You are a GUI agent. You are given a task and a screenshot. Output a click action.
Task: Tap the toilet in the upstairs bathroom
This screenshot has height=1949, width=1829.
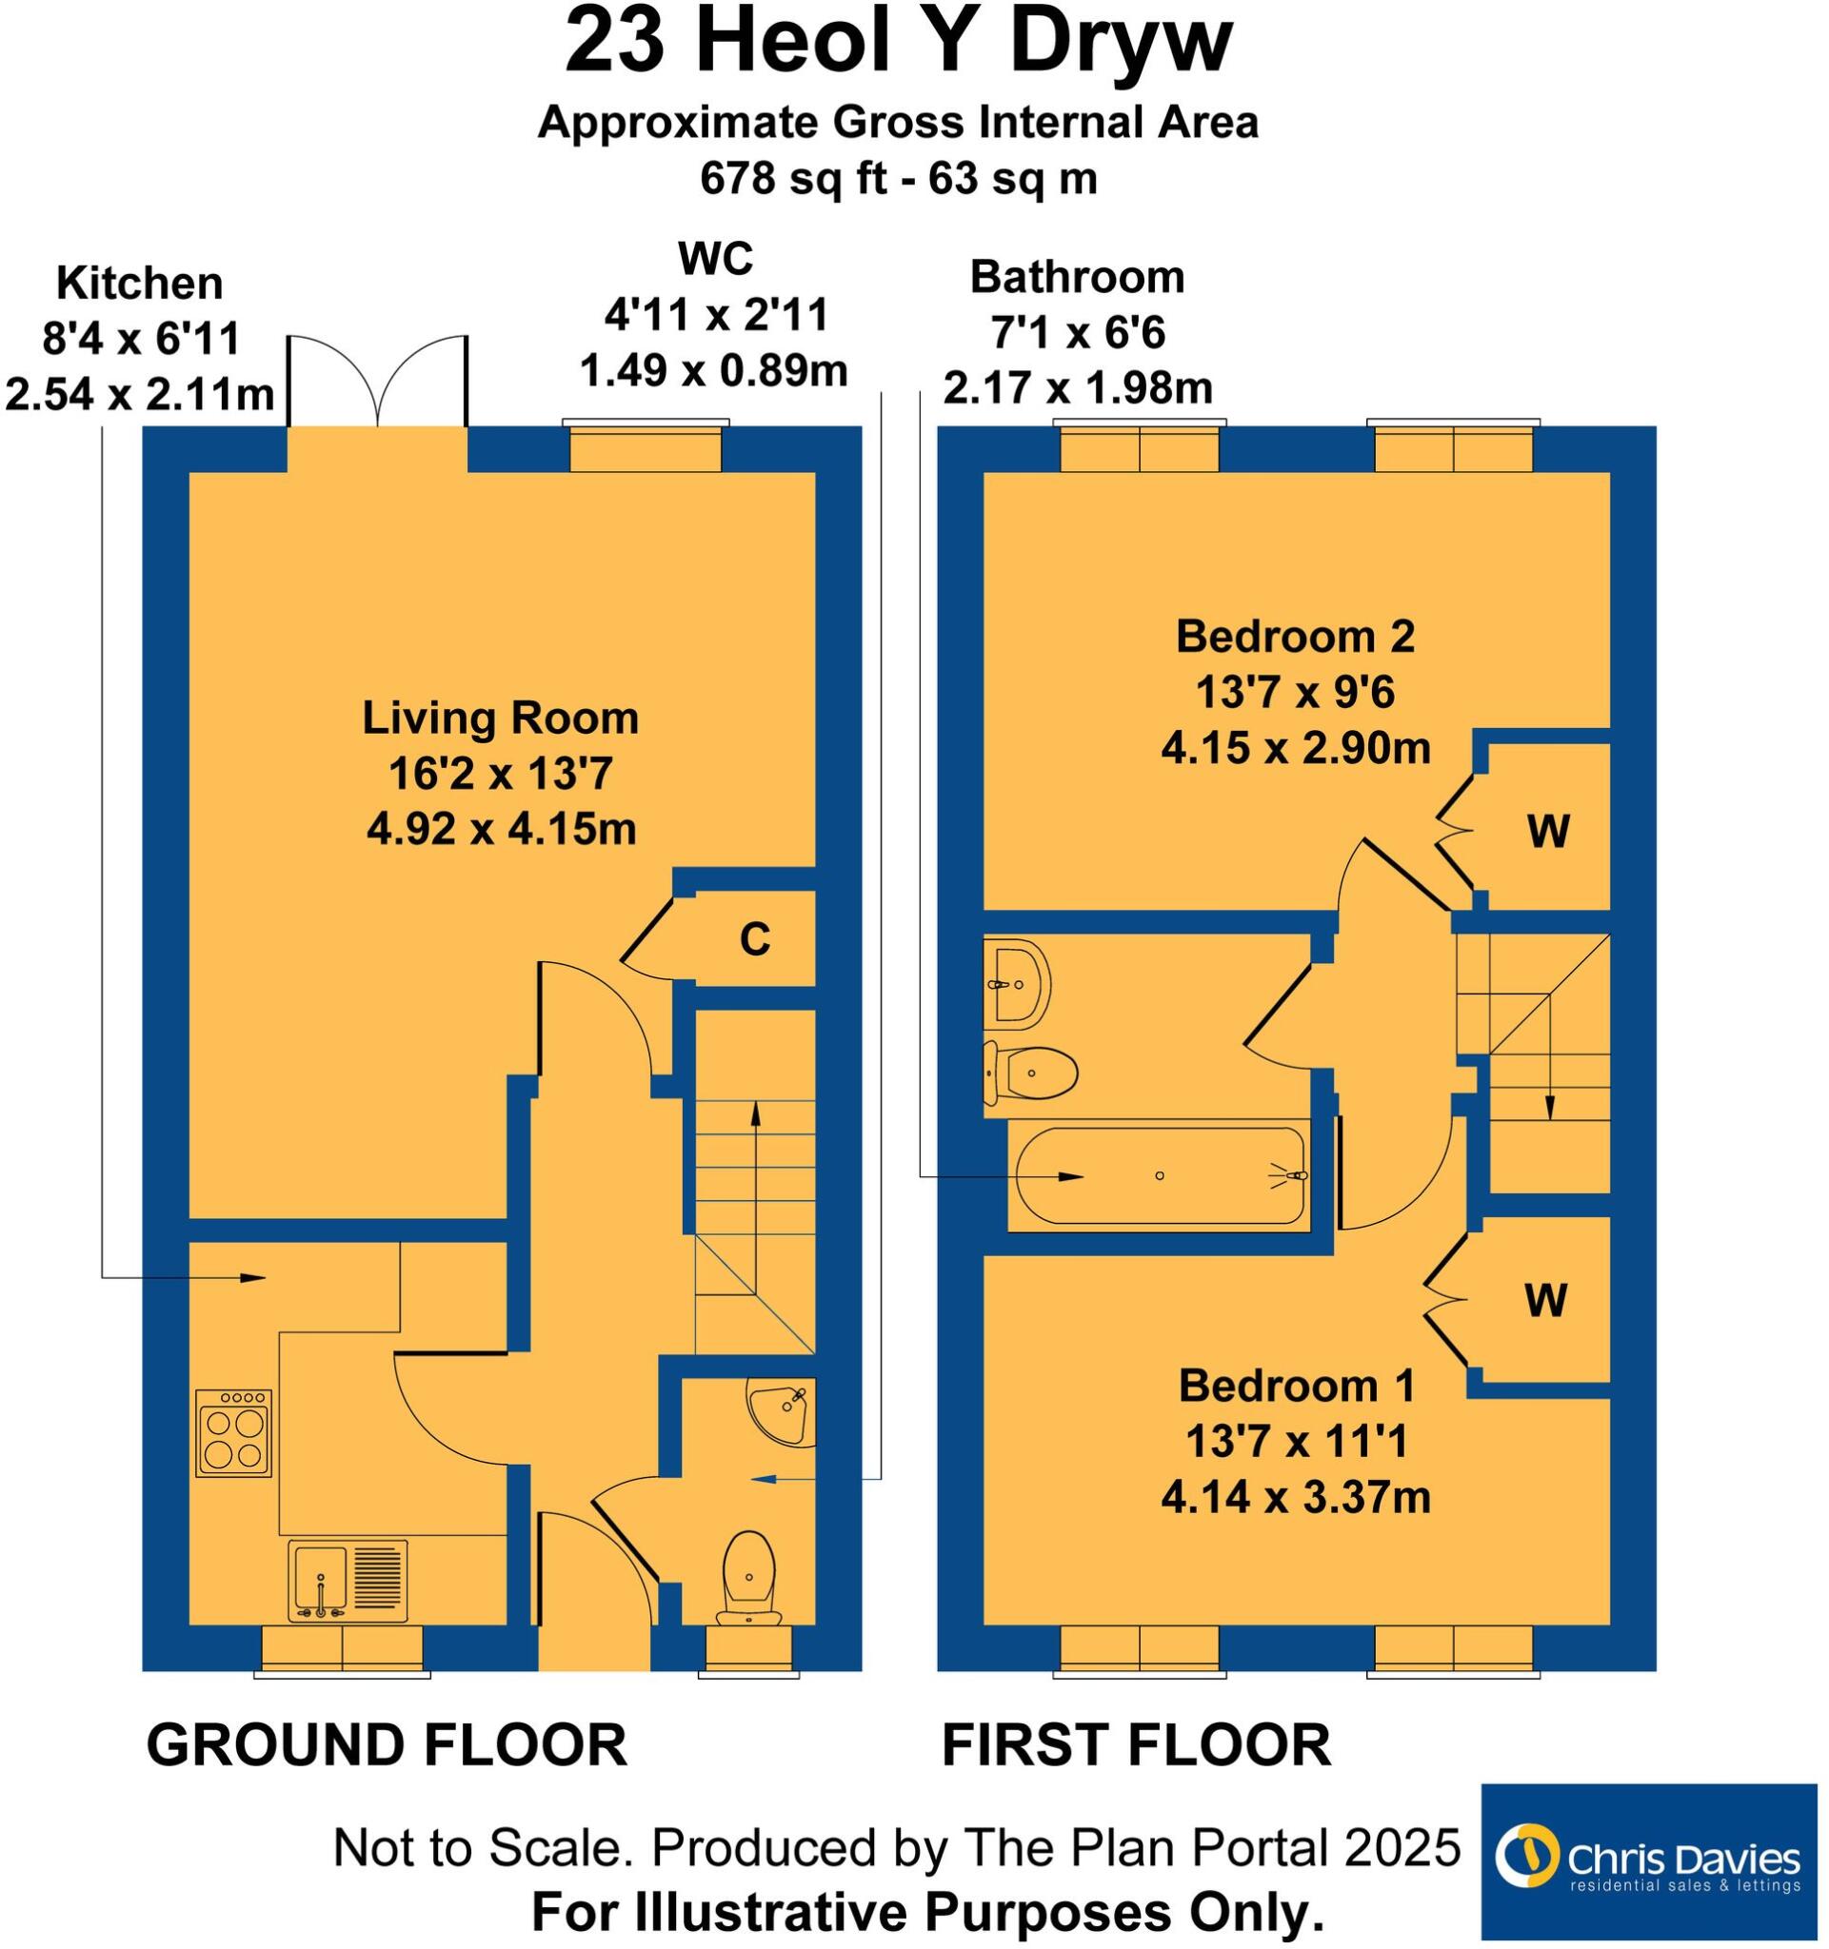click(x=1030, y=1073)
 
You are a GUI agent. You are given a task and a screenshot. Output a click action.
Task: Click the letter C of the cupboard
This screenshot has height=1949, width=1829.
click(x=754, y=940)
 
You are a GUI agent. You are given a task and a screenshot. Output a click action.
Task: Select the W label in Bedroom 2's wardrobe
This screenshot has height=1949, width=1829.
click(x=1548, y=833)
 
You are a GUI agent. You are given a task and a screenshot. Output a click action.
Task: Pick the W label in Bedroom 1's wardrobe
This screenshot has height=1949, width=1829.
click(x=1545, y=1301)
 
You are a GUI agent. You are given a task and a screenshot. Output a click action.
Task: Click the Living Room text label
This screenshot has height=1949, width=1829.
click(x=500, y=718)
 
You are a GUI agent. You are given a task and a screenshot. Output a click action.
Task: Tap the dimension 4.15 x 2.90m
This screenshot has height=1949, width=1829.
click(x=1296, y=749)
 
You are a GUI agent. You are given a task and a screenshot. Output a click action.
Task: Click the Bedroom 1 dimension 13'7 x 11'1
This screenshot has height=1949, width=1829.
click(x=1297, y=1442)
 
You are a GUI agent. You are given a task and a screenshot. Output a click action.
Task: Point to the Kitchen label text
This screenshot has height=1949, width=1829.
click(x=139, y=284)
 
